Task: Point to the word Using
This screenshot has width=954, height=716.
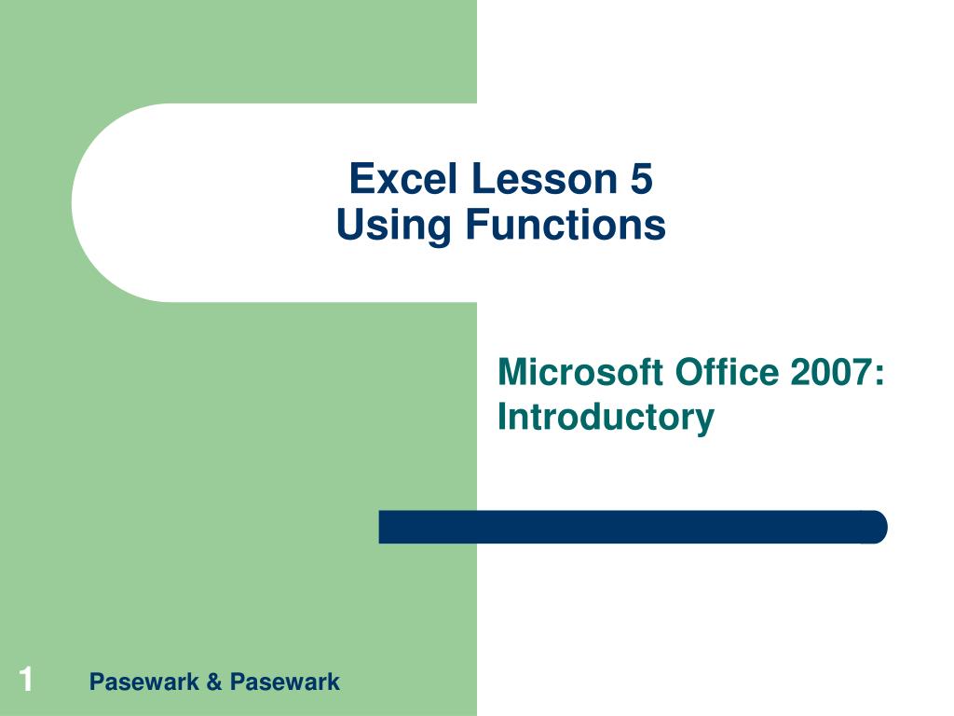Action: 393,226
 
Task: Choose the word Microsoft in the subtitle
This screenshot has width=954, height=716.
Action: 579,372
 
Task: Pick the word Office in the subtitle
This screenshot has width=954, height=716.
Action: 727,372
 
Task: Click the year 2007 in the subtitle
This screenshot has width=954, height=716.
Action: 830,372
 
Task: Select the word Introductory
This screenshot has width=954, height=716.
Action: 606,419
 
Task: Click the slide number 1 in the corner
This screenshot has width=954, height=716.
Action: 25,679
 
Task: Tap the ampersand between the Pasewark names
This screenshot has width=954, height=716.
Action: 214,682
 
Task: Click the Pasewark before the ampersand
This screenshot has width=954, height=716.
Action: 144,682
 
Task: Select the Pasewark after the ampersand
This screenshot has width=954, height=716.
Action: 285,682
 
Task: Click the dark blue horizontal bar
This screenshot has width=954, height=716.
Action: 633,527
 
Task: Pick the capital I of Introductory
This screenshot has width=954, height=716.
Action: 502,417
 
